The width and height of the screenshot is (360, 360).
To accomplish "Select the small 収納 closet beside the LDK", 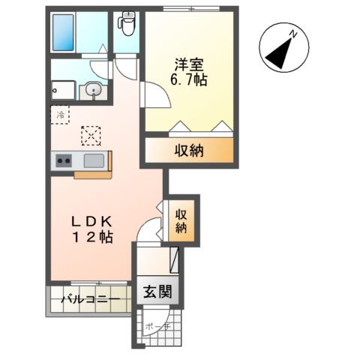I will (181, 220).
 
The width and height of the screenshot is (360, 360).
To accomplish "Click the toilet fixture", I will (125, 25).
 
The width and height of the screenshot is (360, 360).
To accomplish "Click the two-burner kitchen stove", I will (61, 160).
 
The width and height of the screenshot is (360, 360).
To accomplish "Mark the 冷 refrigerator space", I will (61, 116).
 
